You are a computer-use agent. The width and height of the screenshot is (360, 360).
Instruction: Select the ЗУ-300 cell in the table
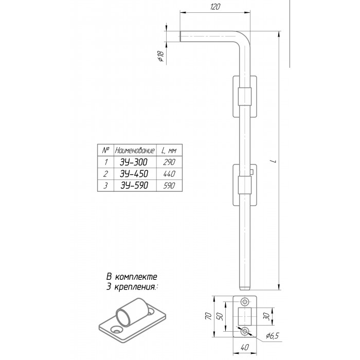[x=134, y=162]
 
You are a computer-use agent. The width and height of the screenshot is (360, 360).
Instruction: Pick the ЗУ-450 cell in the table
[x=134, y=173]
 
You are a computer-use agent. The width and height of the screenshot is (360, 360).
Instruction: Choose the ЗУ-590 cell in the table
[x=134, y=185]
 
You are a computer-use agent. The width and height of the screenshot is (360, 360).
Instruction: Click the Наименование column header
[x=135, y=150]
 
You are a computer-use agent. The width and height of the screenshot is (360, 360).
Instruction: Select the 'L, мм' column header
[x=169, y=150]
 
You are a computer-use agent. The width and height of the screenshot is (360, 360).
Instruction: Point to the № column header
[x=105, y=150]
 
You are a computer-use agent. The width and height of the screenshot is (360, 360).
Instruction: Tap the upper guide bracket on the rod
[x=245, y=97]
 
